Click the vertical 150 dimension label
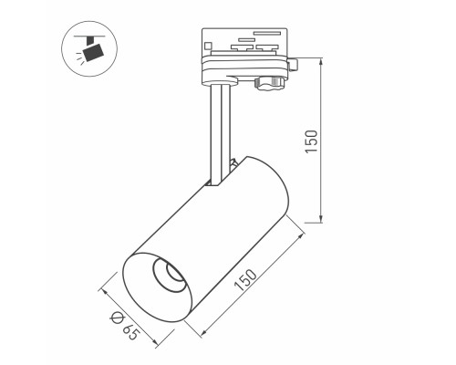311,141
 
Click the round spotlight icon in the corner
88,50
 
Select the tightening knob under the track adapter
267,84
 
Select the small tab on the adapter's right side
295,64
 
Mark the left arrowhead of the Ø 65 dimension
102,293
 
